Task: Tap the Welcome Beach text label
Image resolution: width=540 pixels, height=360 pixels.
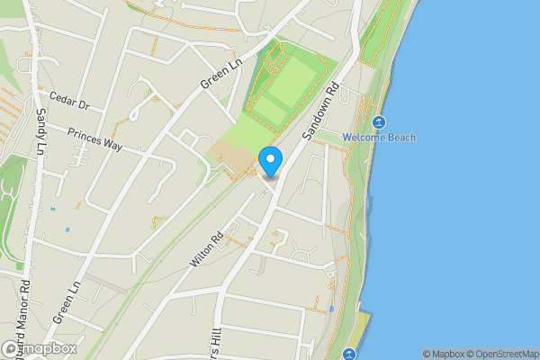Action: [x=378, y=138]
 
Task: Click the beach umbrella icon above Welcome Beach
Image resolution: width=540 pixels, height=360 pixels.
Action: [x=378, y=121]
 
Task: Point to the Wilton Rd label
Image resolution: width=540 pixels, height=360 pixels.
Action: [x=205, y=251]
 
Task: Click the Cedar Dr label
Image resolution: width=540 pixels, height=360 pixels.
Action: [x=70, y=100]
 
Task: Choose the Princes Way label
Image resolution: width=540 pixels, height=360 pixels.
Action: [x=94, y=138]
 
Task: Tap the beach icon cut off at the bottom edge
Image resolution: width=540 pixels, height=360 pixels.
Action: [x=349, y=355]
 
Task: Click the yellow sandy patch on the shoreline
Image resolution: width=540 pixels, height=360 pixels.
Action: [x=360, y=333]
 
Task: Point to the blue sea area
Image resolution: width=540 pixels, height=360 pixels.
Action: [x=468, y=207]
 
